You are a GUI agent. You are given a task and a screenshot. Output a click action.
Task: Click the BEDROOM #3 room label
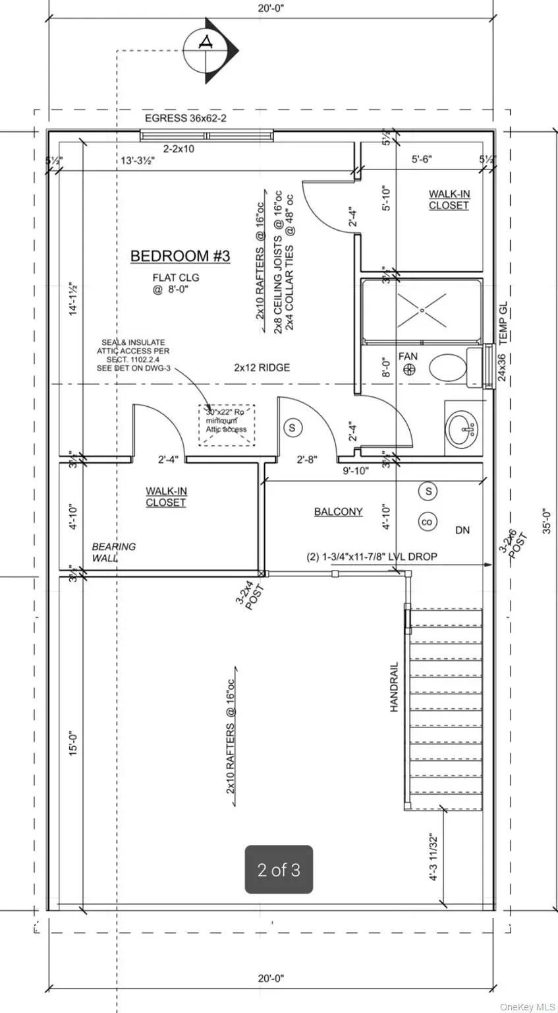(x=180, y=256)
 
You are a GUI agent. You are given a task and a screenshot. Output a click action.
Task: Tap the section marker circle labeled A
(x=207, y=43)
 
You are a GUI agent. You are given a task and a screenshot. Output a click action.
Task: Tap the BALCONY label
(x=338, y=511)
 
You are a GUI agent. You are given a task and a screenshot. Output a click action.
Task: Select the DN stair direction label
(x=462, y=530)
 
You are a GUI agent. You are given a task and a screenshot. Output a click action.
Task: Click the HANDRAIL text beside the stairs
(x=394, y=687)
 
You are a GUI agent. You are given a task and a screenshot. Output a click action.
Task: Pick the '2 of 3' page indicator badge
(x=279, y=870)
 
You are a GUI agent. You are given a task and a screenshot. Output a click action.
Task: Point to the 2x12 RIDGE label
(x=262, y=367)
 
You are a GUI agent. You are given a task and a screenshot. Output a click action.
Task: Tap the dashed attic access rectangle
(x=227, y=425)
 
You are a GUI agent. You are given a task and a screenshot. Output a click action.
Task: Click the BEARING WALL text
(x=113, y=552)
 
